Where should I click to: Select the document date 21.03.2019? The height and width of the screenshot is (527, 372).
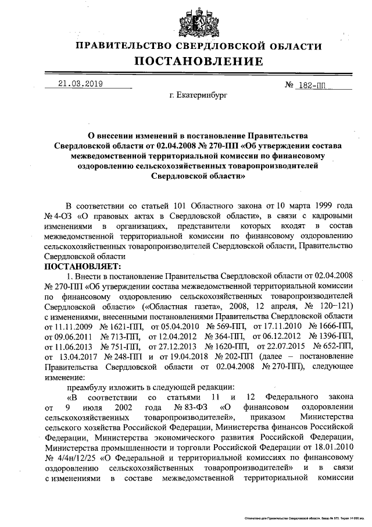point(80,84)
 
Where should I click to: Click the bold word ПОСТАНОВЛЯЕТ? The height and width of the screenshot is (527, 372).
point(80,266)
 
